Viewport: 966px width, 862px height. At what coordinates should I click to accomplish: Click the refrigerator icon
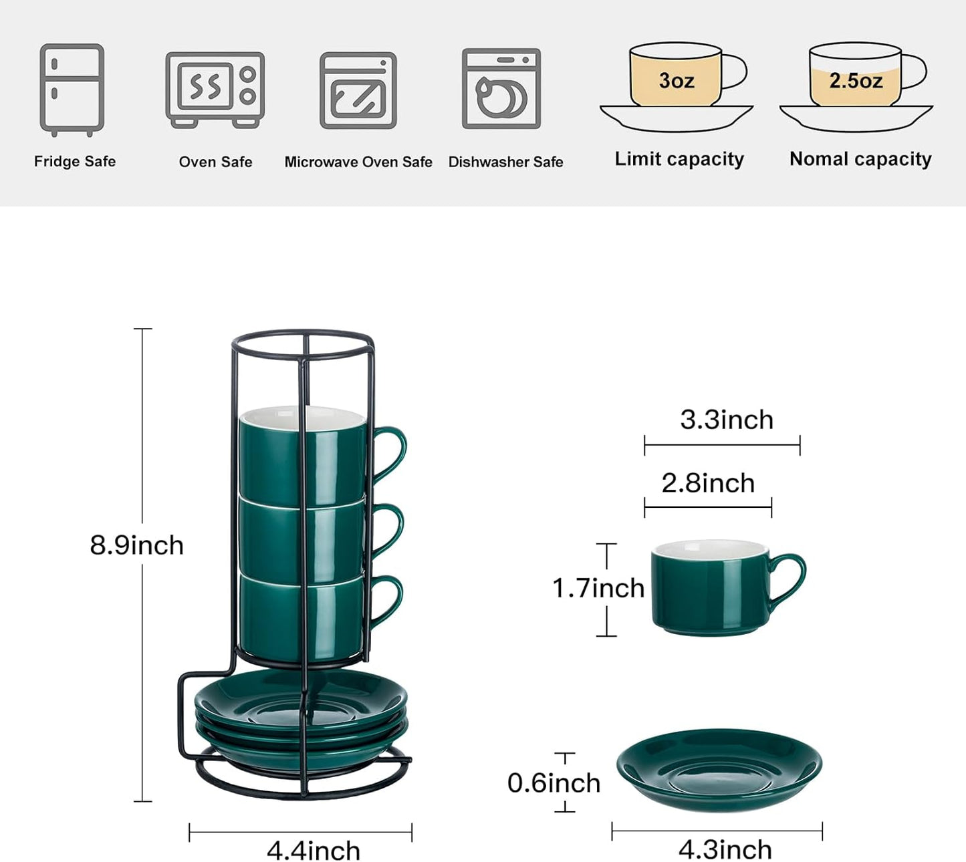[72, 89]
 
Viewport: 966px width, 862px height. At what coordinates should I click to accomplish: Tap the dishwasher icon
[501, 88]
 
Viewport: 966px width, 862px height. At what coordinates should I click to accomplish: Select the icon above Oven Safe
[215, 90]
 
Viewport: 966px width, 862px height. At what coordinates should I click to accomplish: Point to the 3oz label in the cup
[676, 81]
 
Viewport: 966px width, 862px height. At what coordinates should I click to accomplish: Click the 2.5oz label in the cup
[856, 81]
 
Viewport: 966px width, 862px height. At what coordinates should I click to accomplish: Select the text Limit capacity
[679, 159]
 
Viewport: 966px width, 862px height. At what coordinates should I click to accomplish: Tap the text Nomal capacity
[860, 159]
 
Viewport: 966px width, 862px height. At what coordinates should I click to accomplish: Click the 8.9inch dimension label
[137, 545]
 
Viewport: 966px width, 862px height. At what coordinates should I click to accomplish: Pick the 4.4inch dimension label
[314, 851]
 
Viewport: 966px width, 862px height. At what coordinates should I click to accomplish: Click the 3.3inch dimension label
[727, 420]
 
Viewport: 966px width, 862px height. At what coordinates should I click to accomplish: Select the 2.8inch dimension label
[708, 483]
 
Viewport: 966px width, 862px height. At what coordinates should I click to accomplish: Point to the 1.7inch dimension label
[598, 588]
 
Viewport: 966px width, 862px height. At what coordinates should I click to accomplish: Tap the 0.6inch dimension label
[554, 783]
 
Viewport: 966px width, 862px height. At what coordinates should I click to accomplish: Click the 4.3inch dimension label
[725, 850]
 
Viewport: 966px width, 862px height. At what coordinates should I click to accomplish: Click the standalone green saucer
[719, 768]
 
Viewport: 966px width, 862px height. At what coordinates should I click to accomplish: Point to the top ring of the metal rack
[303, 334]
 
